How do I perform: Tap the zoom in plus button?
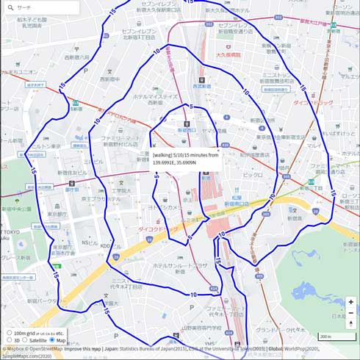[x=350, y=302]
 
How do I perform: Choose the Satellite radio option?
[x=24, y=340]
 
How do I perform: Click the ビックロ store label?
[x=252, y=176]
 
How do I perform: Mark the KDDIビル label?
[x=105, y=246]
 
